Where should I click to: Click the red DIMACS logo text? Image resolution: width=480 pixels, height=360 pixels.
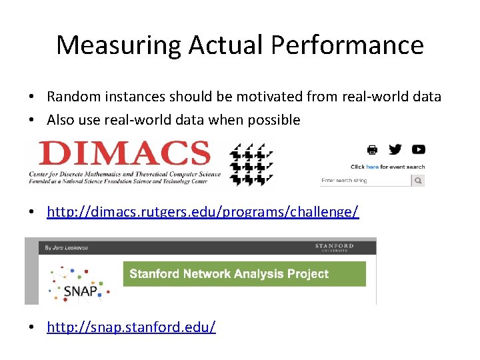point(124,153)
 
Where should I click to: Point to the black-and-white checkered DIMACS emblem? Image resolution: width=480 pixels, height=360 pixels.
point(251,164)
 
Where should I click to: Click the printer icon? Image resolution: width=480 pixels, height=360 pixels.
point(372,149)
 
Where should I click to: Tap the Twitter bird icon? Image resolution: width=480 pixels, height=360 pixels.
point(395,149)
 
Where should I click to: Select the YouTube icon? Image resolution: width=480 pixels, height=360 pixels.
point(418,149)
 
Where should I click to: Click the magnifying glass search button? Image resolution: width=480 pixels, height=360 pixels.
point(418,181)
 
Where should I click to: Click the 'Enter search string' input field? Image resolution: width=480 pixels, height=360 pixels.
point(365,181)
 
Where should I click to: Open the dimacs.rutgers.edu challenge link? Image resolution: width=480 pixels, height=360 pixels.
point(203,212)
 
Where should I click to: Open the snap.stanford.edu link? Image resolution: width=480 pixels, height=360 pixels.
point(131,327)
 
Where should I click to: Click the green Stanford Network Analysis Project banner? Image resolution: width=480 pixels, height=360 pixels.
point(244,273)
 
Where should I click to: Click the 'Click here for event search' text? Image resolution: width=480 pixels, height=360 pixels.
point(387,167)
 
